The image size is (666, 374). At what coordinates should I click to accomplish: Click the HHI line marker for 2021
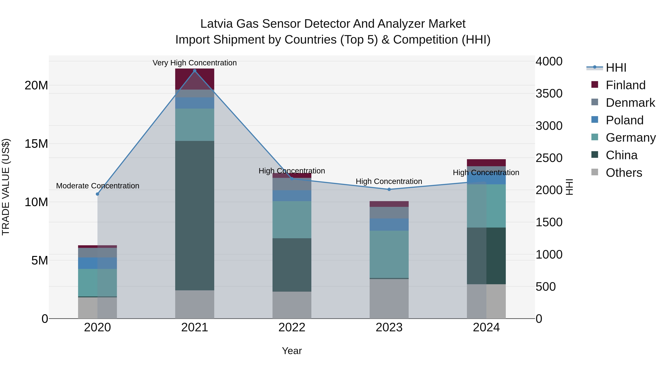(195, 71)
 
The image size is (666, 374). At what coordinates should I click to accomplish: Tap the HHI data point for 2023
(389, 189)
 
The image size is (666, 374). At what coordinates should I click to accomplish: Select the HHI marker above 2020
(97, 194)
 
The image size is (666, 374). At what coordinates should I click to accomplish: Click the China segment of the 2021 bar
(195, 216)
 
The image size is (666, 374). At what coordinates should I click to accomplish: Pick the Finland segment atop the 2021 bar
(195, 79)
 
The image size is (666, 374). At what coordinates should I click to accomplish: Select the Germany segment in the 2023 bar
(389, 254)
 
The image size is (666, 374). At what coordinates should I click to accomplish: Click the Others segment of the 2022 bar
(292, 305)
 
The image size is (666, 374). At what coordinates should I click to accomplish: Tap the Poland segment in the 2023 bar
(389, 225)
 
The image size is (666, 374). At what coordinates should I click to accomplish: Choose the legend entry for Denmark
(630, 103)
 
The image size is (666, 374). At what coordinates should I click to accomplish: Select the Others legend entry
(624, 173)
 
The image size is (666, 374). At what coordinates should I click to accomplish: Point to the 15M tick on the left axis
(36, 144)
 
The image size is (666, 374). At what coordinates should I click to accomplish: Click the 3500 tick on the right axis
(549, 93)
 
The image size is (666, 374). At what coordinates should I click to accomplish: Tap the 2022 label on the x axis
(292, 327)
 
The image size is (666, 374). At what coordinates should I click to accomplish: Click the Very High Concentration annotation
(195, 63)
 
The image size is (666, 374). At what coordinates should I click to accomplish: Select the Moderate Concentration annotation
(97, 186)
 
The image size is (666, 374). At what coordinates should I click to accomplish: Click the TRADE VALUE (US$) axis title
(6, 187)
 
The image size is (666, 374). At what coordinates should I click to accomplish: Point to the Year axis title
(292, 351)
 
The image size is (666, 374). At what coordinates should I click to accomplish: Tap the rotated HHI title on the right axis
(569, 187)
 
